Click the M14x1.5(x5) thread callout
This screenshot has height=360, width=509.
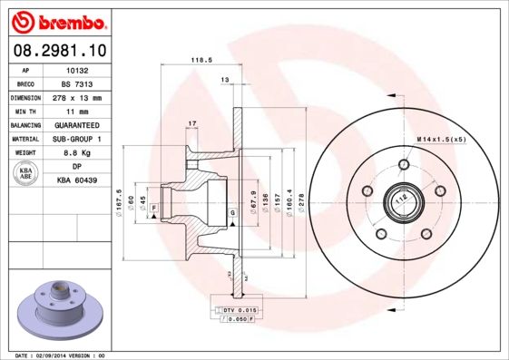pos(441,138)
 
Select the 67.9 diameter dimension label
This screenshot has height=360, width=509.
pos(251,200)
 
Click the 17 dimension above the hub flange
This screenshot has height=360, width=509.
pos(191,122)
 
